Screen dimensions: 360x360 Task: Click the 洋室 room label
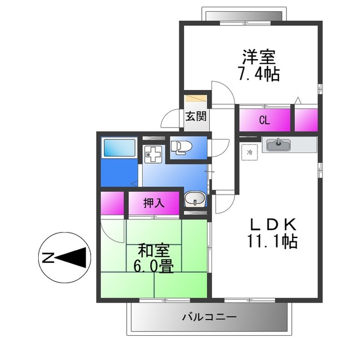click(x=259, y=57)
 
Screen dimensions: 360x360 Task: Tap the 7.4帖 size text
click(x=259, y=74)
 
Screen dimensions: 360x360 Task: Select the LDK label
click(x=273, y=224)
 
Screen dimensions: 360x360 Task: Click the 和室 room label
click(x=152, y=249)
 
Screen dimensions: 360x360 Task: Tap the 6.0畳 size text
click(x=152, y=265)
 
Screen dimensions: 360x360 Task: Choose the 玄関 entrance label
click(x=196, y=117)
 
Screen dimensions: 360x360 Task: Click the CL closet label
click(x=264, y=119)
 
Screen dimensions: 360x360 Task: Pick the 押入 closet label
click(x=154, y=203)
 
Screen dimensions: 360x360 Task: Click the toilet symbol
click(x=181, y=147)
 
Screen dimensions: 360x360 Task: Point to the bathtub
click(x=119, y=148)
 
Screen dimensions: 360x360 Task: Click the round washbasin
click(x=195, y=199)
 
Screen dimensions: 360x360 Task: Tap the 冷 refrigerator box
click(x=249, y=152)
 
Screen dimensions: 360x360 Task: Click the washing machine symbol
click(x=152, y=154)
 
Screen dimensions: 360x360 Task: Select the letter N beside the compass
click(x=47, y=258)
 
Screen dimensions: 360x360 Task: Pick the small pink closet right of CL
click(x=306, y=119)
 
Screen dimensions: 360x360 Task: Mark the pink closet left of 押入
click(x=112, y=203)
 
